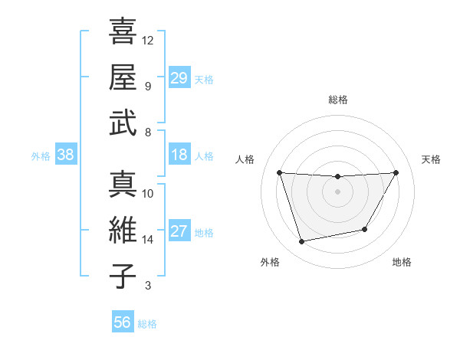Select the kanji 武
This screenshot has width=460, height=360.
click(122, 123)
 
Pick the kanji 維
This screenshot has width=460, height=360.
click(122, 230)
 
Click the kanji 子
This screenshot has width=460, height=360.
click(122, 276)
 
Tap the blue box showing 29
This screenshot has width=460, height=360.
click(179, 77)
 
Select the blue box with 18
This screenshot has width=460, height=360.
click(179, 155)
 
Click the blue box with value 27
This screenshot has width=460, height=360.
click(179, 231)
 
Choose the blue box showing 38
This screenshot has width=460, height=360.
click(65, 155)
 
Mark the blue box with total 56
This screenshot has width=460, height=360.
click(122, 322)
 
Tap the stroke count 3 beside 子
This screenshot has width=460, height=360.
click(148, 286)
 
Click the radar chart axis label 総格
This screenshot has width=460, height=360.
click(337, 100)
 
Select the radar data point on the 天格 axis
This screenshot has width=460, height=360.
click(396, 172)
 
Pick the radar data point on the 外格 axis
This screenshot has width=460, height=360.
click(301, 241)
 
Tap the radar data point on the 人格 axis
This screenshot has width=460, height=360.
click(279, 172)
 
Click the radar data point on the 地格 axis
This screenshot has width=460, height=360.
click(365, 229)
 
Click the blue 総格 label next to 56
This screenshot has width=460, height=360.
click(148, 324)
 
